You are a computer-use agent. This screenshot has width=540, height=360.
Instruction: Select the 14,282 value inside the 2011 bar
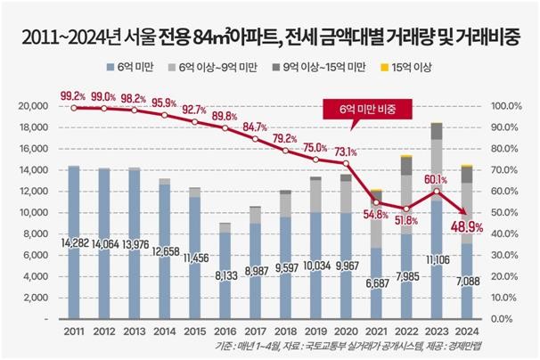point(75,241)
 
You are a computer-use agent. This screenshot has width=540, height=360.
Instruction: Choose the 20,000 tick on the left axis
point(33,106)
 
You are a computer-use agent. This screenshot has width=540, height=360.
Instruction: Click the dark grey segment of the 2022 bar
point(405,167)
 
